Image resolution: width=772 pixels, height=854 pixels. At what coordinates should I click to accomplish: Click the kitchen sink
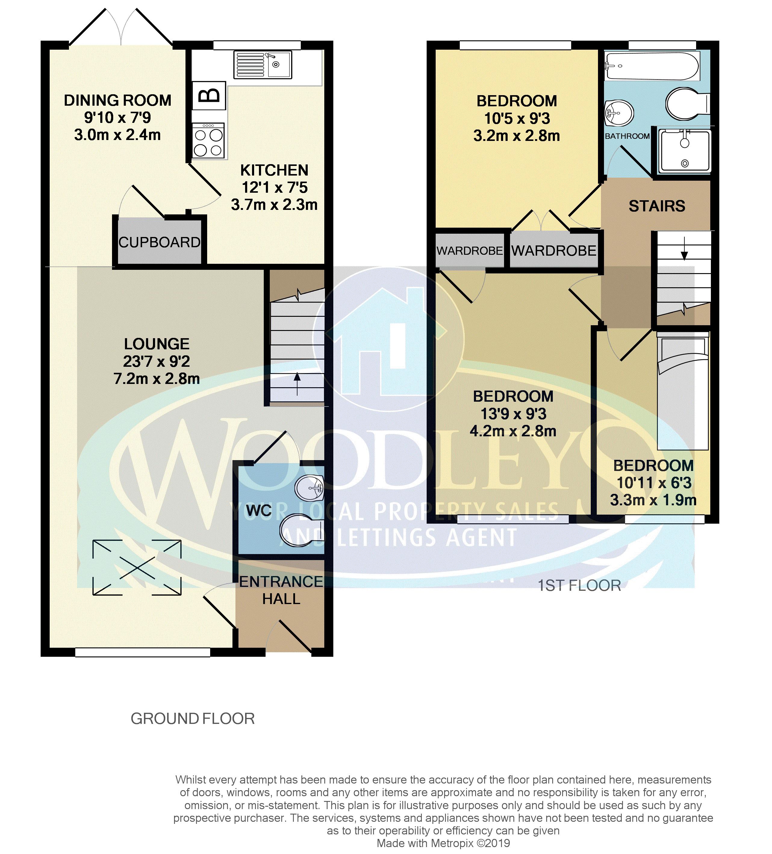(263, 65)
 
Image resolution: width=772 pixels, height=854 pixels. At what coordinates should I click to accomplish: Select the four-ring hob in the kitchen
(208, 141)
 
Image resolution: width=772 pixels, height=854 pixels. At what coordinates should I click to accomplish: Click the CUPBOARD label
(159, 242)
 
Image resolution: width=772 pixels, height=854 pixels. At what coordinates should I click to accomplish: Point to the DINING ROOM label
(118, 100)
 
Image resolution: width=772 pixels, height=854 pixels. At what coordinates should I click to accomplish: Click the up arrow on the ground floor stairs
(297, 383)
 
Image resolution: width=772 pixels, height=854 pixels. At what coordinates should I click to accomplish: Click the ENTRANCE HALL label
(281, 590)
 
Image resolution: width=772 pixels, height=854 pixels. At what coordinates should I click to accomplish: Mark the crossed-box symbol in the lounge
(137, 567)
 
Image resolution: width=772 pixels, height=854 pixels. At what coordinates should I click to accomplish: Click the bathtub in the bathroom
(652, 66)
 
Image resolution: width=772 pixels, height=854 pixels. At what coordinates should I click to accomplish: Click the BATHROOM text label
(627, 136)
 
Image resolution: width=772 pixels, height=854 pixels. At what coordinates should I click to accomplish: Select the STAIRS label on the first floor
(657, 206)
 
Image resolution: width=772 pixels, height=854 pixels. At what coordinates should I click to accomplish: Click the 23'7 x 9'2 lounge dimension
(157, 361)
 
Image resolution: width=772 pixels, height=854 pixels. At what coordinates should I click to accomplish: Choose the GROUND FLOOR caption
(193, 719)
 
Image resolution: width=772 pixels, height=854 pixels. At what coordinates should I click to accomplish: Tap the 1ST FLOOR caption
(579, 585)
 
